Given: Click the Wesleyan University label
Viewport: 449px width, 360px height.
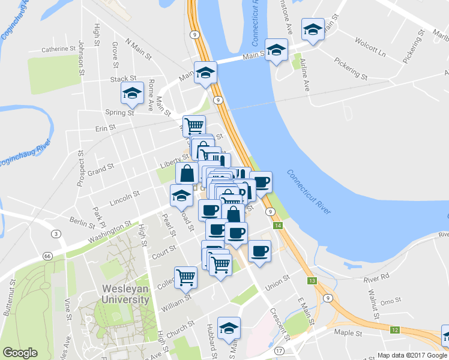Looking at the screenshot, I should [121, 294].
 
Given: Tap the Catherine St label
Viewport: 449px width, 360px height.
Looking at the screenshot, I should [55, 49].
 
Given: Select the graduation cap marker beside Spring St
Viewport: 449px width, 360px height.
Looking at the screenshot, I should [132, 94].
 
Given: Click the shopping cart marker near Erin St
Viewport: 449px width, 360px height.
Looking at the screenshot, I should [194, 126].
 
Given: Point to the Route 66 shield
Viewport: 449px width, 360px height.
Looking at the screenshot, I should [47, 256].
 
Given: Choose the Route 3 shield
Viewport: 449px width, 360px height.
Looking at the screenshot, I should [55, 233].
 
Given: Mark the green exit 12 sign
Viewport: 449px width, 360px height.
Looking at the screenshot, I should [394, 329].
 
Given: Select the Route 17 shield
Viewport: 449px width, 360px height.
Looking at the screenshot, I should [279, 350].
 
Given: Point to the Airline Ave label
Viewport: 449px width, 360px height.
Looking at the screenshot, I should [305, 74].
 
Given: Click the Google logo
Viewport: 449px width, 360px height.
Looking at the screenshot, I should [20, 353].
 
